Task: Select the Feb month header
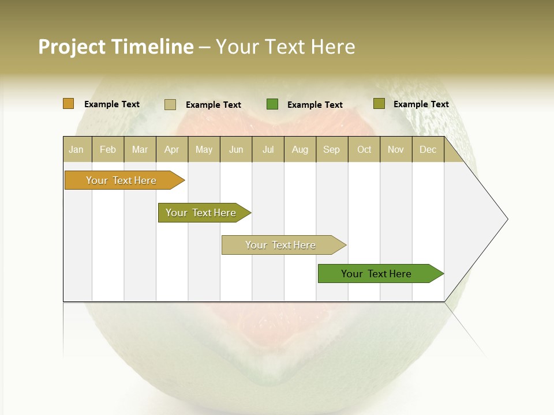(108, 150)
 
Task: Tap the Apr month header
(172, 150)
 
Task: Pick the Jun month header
(236, 150)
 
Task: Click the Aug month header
(300, 150)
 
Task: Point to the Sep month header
(332, 150)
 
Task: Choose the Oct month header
(364, 150)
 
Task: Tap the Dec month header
(428, 150)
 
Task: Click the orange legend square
(69, 104)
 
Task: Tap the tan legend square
(170, 104)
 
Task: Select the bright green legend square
(272, 104)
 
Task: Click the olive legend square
(379, 104)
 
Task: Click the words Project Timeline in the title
(115, 47)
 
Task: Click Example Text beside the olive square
(421, 104)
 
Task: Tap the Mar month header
(140, 150)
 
